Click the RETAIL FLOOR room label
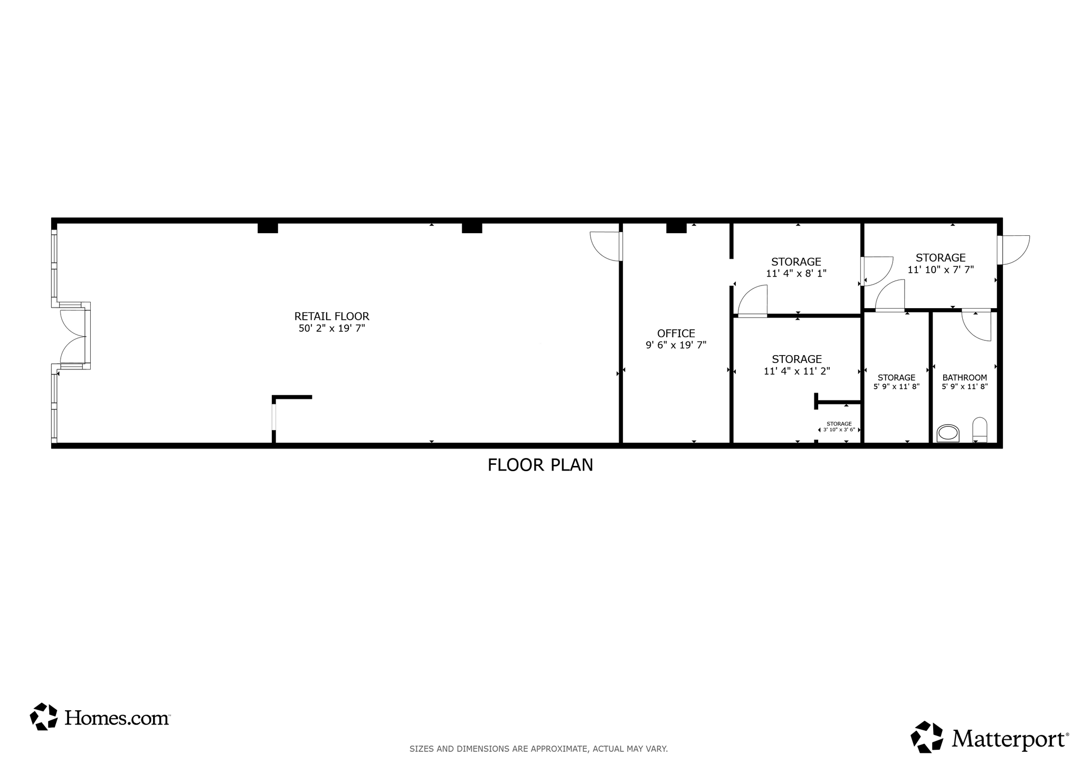331,317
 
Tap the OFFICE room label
676,333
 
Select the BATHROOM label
964,378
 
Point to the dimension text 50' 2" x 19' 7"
331,328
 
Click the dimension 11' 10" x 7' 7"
941,270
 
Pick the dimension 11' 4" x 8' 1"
796,273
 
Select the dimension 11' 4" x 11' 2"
796,371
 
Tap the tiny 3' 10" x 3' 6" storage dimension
839,429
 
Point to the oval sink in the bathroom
947,433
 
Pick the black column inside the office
676,227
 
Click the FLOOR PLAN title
540,465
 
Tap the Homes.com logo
100,717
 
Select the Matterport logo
990,737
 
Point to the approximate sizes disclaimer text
538,749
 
